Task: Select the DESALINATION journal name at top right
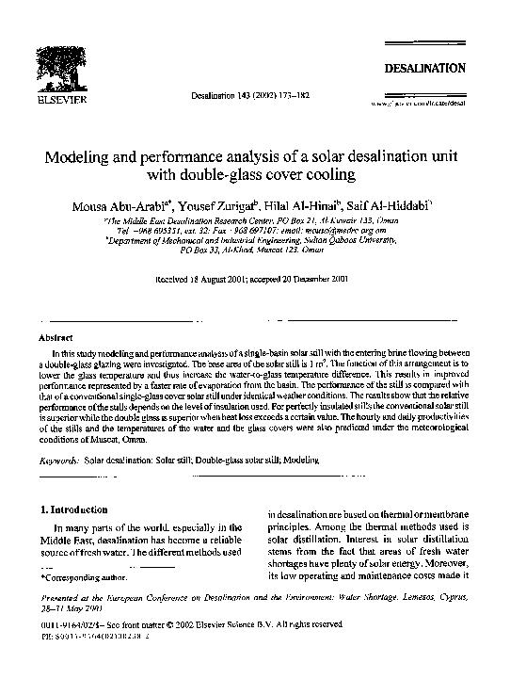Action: [423, 69]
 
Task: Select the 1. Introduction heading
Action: [78, 509]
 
